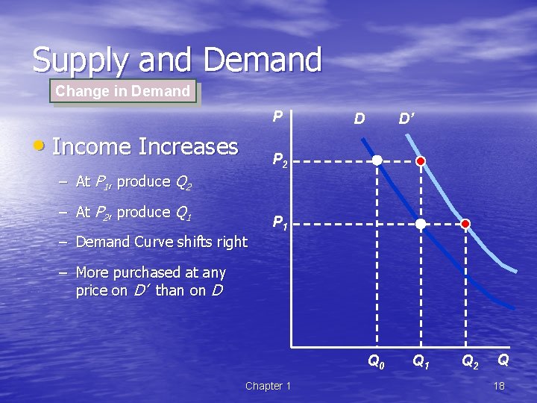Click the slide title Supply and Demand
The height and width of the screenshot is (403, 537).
(x=177, y=60)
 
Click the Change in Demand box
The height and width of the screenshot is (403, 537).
(x=123, y=91)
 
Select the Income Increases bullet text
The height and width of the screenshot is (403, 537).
(x=145, y=146)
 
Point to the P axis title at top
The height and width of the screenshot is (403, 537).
(x=277, y=116)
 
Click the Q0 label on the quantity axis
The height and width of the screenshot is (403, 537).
(x=377, y=362)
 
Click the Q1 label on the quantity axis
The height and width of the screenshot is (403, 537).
(x=421, y=362)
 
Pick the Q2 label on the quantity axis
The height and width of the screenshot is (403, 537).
(x=470, y=362)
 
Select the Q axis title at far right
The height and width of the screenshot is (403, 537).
(x=504, y=360)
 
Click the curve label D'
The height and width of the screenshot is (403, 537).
(x=406, y=119)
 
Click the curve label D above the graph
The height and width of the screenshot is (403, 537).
(x=359, y=119)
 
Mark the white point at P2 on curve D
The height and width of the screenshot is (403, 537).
(x=377, y=160)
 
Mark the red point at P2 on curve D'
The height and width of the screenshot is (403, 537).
(x=421, y=160)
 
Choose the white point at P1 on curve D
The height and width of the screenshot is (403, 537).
(x=421, y=223)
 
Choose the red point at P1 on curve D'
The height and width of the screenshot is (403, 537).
(x=465, y=223)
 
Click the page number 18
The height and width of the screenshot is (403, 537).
(x=499, y=386)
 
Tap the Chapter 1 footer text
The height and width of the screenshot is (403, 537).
(x=268, y=386)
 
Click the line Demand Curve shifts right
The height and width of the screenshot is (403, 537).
(x=161, y=242)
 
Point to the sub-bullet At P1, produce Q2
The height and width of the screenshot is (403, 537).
(x=134, y=181)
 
